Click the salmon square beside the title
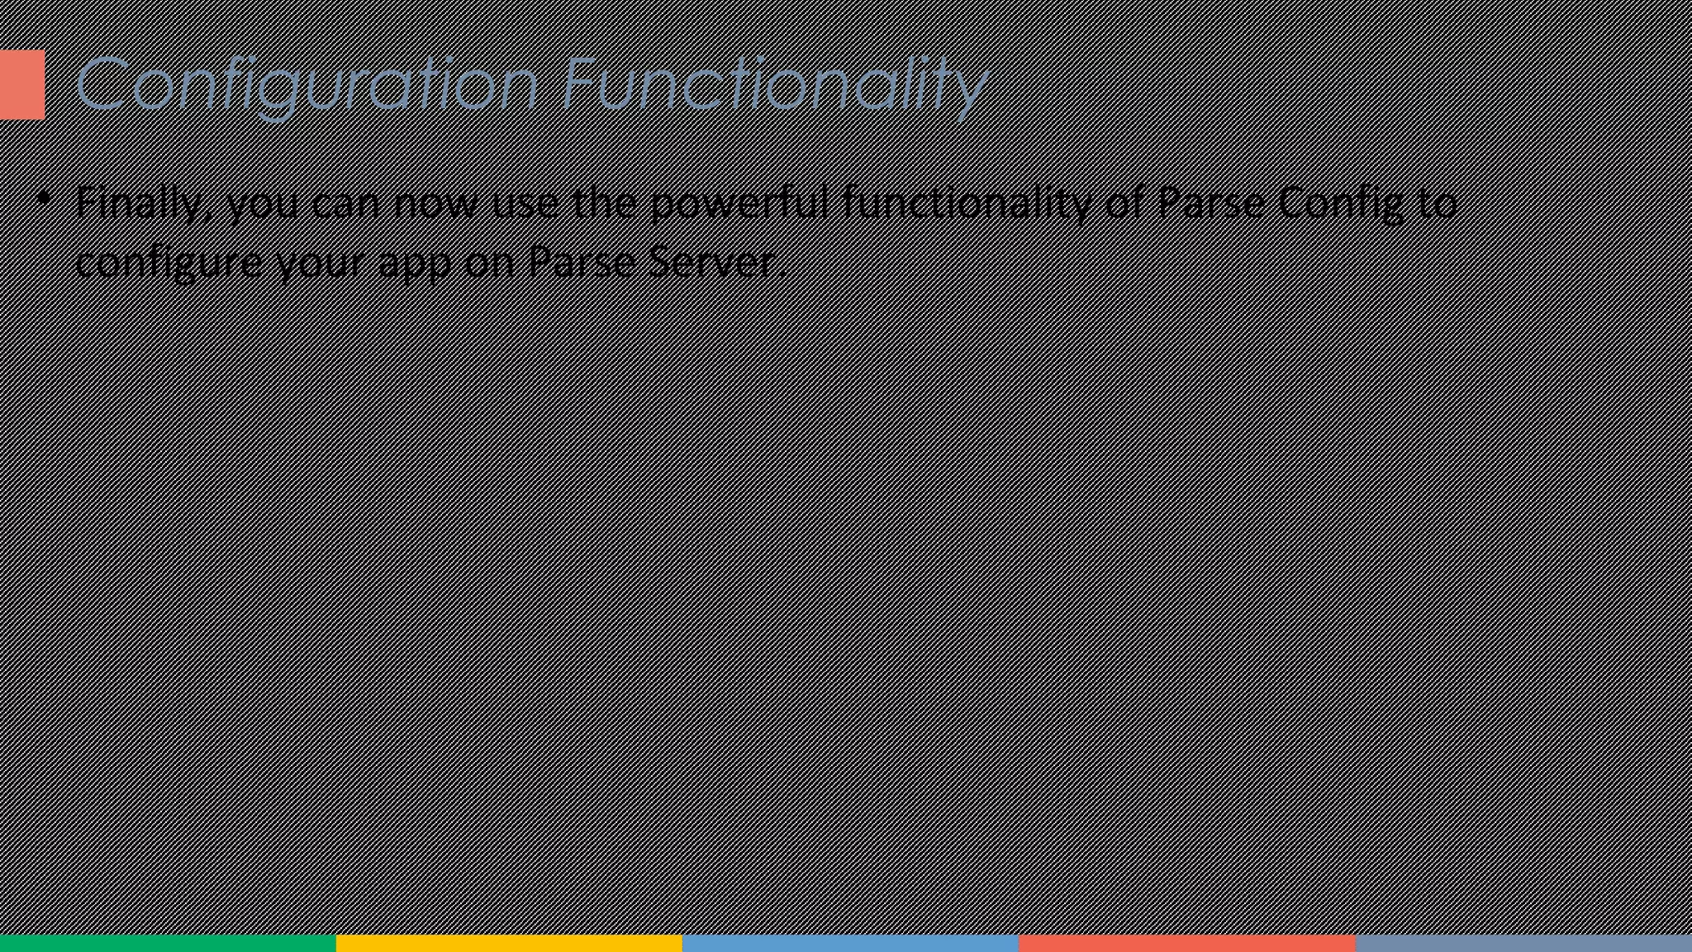(x=21, y=84)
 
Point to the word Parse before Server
(x=582, y=263)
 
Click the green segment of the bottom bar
(x=168, y=943)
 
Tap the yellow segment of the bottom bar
(x=509, y=943)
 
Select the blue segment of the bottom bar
(x=850, y=943)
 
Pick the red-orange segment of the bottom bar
(x=1187, y=943)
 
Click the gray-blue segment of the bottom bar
(x=1523, y=943)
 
